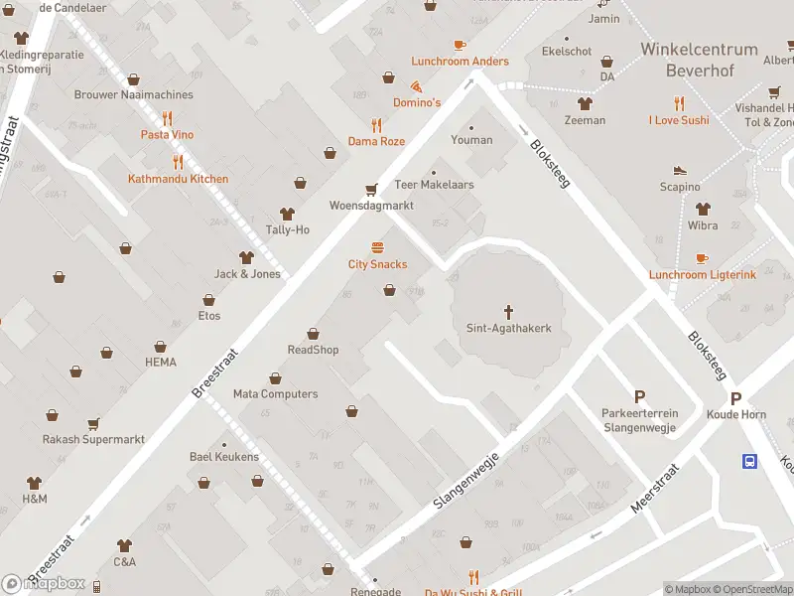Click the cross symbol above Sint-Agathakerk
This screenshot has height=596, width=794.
tap(509, 311)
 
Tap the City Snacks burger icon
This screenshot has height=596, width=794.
tap(377, 247)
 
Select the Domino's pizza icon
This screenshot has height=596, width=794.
tap(417, 86)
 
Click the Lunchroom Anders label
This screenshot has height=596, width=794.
tap(460, 62)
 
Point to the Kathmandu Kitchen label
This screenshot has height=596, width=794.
tap(178, 179)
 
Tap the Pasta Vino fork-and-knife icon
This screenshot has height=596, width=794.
tap(167, 118)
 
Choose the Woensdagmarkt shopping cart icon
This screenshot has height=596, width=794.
tap(371, 190)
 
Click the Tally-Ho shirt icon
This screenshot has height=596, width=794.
tap(288, 214)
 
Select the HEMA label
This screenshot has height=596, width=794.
tap(160, 363)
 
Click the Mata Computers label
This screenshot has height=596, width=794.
tap(275, 394)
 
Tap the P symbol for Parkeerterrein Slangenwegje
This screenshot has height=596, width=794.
tap(638, 396)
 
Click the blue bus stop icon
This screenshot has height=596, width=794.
tap(750, 461)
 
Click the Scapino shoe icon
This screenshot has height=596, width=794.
tap(680, 171)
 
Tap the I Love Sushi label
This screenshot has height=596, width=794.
tap(679, 120)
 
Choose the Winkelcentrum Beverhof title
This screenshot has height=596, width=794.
tap(699, 60)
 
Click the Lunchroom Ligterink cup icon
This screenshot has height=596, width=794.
tap(702, 258)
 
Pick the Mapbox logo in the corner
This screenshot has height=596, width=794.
tap(45, 583)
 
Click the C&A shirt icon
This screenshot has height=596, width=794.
tap(124, 545)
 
